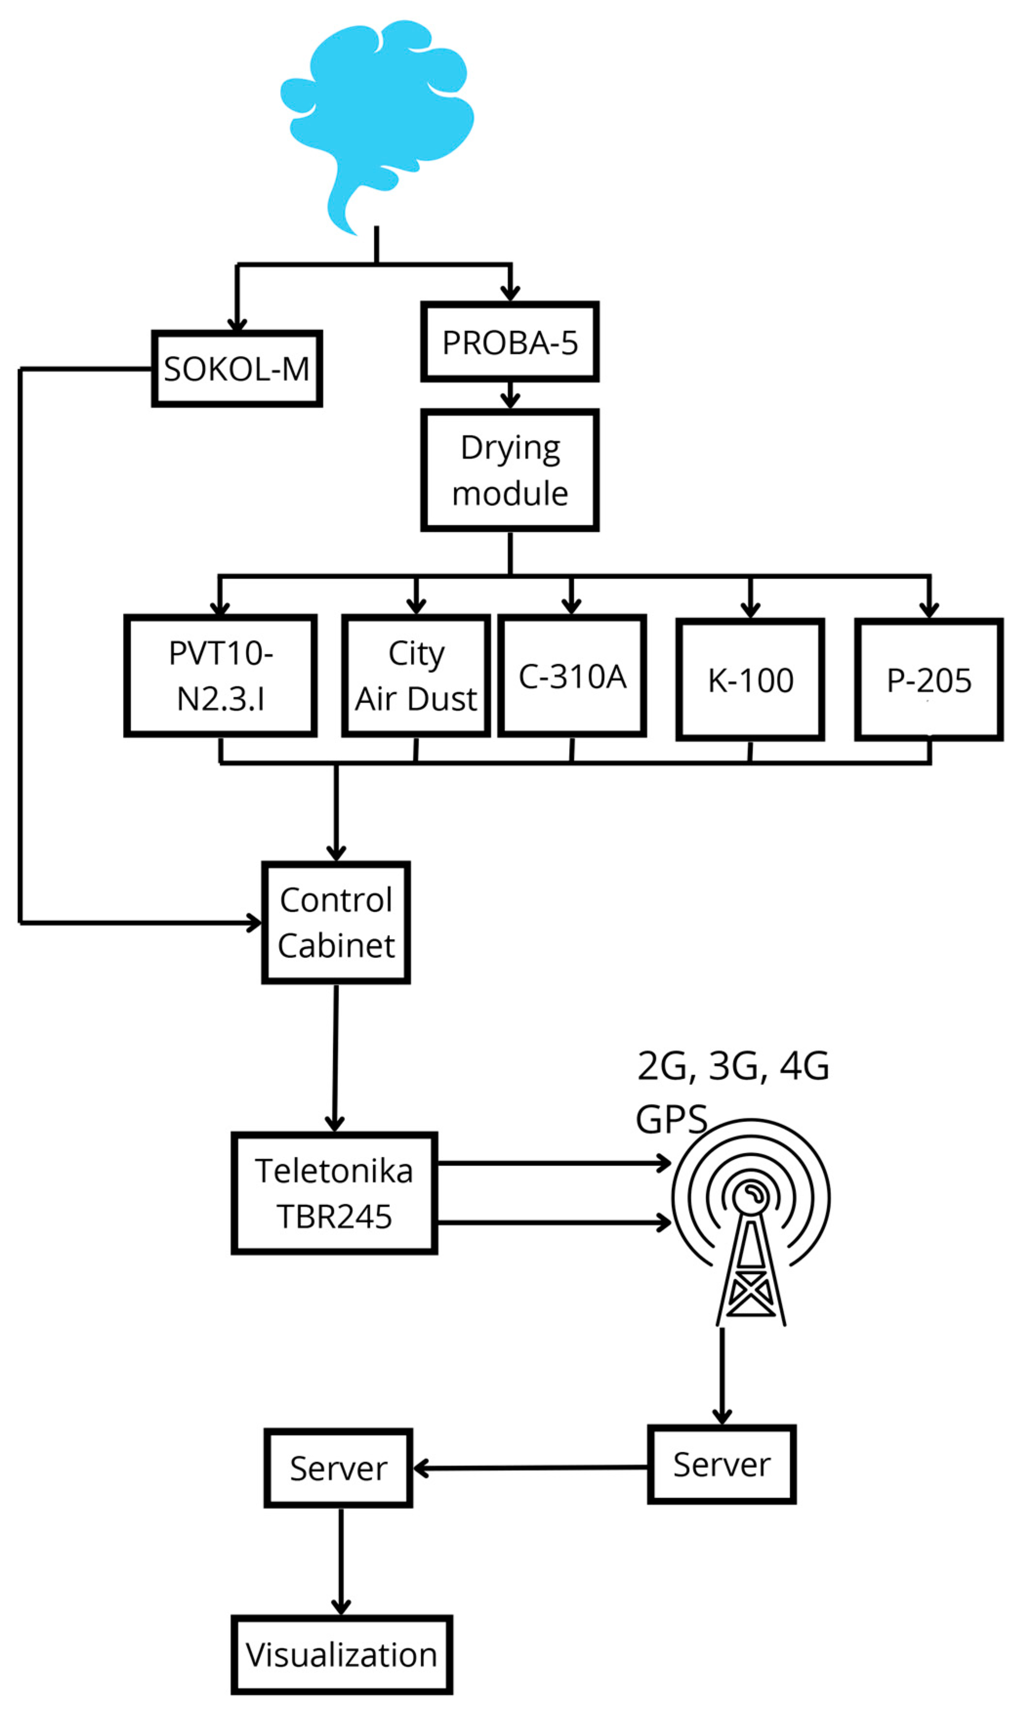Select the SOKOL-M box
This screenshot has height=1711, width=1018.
click(x=237, y=369)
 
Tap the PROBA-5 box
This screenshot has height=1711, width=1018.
click(x=509, y=342)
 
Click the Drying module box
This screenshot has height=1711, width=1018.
click(x=509, y=470)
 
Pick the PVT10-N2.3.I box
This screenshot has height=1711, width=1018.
click(x=220, y=676)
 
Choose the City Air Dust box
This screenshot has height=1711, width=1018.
click(x=416, y=676)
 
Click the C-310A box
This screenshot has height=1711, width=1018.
click(x=572, y=676)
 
